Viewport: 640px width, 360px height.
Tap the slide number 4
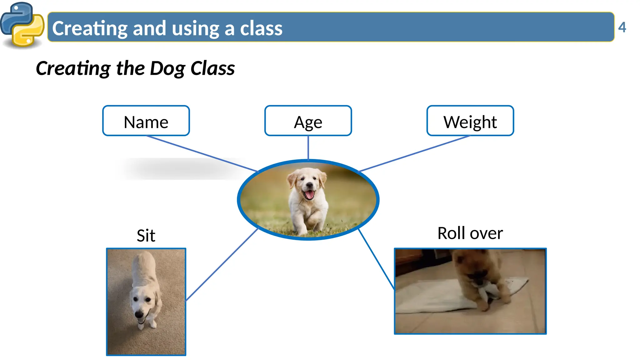[622, 27]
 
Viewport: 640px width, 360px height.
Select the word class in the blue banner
[261, 28]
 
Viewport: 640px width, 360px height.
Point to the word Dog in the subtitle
[167, 68]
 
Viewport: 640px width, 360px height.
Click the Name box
[146, 121]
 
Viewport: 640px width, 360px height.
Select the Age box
[308, 121]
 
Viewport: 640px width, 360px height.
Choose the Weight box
[470, 121]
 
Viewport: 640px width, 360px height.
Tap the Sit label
[146, 236]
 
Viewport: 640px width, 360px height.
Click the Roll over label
[470, 233]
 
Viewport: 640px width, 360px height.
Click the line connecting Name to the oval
[202, 153]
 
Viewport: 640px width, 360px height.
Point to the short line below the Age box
[308, 147]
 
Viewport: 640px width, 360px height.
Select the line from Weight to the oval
[414, 153]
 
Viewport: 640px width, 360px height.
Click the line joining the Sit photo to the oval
[222, 264]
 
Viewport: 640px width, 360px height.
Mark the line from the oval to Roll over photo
[376, 259]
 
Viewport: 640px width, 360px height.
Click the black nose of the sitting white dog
[138, 313]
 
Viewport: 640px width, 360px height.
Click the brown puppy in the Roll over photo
[478, 275]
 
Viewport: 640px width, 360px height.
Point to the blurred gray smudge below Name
[181, 169]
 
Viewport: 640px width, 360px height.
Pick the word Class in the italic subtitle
[212, 68]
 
